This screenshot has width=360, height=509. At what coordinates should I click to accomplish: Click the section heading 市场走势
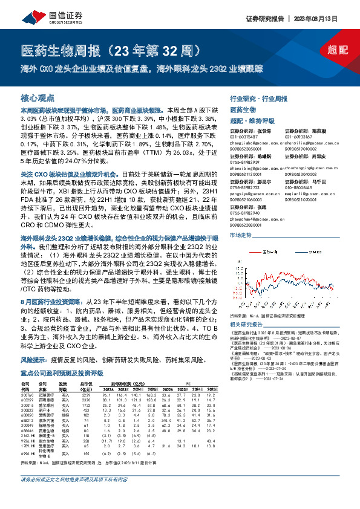[x=241, y=234]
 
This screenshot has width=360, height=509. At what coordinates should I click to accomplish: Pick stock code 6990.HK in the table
[x=29, y=453]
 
